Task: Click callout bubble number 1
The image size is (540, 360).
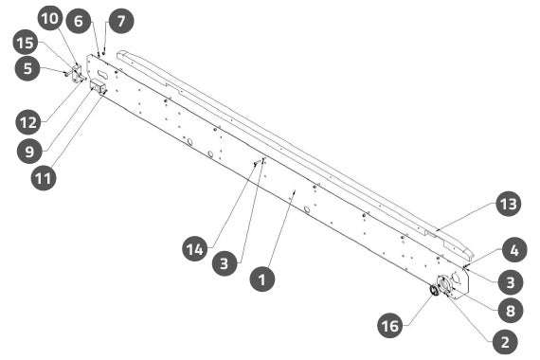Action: [262, 279]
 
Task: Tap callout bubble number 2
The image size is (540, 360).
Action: [505, 341]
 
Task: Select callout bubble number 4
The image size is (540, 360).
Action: [514, 250]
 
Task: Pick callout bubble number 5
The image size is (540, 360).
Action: [27, 68]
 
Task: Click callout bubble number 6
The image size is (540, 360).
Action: [79, 21]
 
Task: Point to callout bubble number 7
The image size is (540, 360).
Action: [121, 21]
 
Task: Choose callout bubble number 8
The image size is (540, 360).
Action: [511, 310]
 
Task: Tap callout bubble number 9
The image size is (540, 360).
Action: [29, 151]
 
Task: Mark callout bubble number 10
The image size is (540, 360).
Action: [50, 18]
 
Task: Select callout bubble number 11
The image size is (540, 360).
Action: [44, 178]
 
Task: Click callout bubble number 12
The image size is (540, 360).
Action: [28, 121]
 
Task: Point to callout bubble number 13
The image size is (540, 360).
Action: [509, 204]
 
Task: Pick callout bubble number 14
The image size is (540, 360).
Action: [195, 248]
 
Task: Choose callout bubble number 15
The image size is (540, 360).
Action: [26, 43]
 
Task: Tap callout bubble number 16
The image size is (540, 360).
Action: [390, 325]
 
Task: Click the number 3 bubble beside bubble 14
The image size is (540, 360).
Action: [225, 263]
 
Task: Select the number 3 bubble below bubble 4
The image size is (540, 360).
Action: [511, 281]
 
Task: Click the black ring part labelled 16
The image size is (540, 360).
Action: [434, 290]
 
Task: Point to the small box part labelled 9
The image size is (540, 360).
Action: [98, 86]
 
